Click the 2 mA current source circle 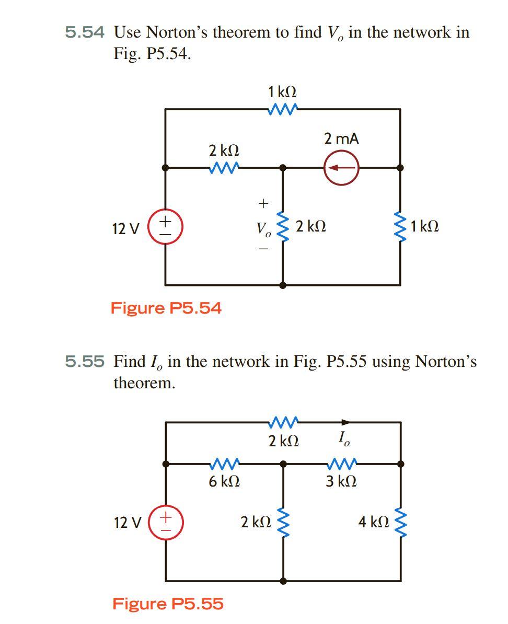[x=342, y=168]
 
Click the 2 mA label [x=341, y=139]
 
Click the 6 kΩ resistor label [x=224, y=481]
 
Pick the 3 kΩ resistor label [x=341, y=481]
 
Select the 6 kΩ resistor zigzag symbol [x=224, y=463]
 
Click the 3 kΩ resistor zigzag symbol [x=341, y=463]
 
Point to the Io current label [x=342, y=438]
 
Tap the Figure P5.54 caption [x=166, y=308]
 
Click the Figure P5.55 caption [x=168, y=604]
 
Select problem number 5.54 [x=85, y=33]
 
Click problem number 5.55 [x=85, y=361]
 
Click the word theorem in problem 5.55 [x=144, y=383]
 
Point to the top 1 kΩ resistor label [x=282, y=92]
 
